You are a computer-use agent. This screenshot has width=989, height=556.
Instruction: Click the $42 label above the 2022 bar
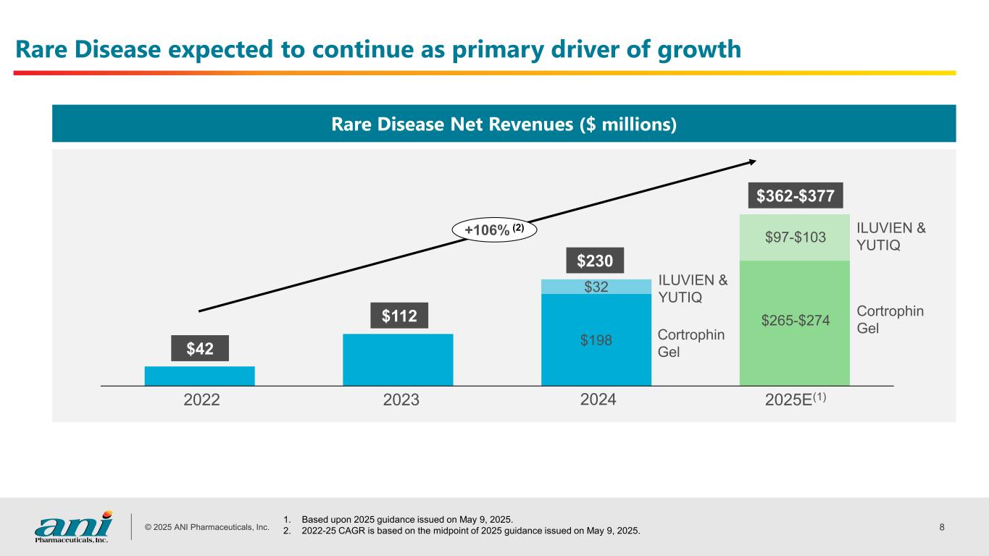click(x=199, y=348)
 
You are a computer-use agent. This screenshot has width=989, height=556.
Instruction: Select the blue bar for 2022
click(x=199, y=376)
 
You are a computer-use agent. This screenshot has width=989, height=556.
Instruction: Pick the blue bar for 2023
click(x=398, y=359)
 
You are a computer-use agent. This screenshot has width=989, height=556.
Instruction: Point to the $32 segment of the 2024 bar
click(x=596, y=287)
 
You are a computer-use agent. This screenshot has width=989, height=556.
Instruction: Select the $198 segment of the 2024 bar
click(x=596, y=339)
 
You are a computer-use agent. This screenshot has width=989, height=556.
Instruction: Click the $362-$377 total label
click(x=795, y=195)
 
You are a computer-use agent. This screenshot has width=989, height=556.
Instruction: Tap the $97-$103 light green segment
click(x=795, y=237)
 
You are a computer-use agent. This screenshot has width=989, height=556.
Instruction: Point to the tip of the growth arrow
click(x=756, y=161)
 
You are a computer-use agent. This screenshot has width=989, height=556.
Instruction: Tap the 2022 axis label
click(x=202, y=400)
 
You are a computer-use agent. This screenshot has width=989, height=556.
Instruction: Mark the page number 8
click(x=941, y=526)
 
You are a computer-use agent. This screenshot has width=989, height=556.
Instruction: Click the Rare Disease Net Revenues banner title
click(x=504, y=125)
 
